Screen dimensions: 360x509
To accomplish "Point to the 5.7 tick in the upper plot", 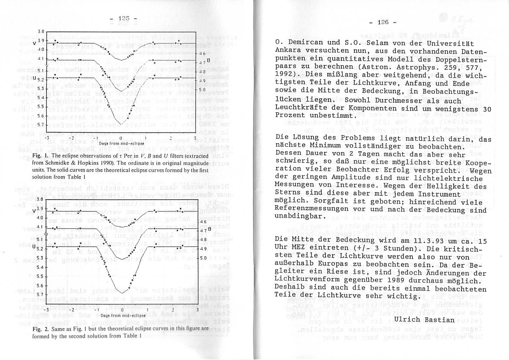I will point(40,125).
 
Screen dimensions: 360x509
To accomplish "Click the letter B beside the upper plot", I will point(208,60).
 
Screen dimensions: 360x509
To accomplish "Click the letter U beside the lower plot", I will point(34,247).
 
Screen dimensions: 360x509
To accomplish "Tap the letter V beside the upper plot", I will point(34,43).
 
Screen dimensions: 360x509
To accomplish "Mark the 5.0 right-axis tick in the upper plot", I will point(202,90).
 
